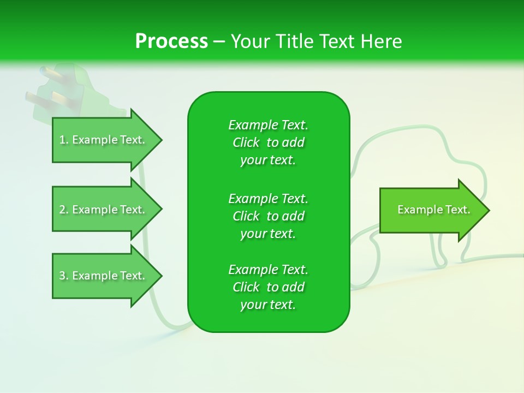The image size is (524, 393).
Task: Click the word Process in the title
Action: click(171, 41)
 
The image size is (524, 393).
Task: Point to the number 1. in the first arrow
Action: click(64, 140)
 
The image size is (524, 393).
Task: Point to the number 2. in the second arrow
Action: click(64, 210)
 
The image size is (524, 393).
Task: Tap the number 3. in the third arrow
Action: click(64, 276)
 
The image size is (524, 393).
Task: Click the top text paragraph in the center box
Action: click(268, 142)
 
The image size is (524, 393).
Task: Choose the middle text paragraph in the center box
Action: click(268, 216)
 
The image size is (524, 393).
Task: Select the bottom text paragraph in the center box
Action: click(268, 287)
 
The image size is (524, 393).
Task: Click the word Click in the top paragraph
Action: click(246, 142)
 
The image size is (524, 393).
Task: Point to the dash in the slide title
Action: click(219, 41)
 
